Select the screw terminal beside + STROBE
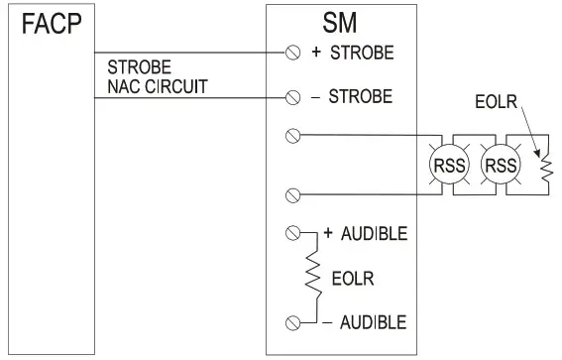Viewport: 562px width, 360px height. click(292, 53)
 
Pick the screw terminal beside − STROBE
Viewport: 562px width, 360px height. click(292, 97)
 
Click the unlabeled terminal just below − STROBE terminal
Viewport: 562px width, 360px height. click(292, 137)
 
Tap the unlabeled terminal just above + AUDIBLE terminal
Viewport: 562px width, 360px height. click(292, 194)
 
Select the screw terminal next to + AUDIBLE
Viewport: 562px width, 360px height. click(292, 234)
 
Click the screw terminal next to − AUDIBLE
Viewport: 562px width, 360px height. click(292, 321)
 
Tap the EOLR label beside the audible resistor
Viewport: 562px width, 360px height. click(347, 279)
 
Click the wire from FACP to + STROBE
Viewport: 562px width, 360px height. click(188, 53)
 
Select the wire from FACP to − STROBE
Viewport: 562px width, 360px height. click(188, 97)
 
